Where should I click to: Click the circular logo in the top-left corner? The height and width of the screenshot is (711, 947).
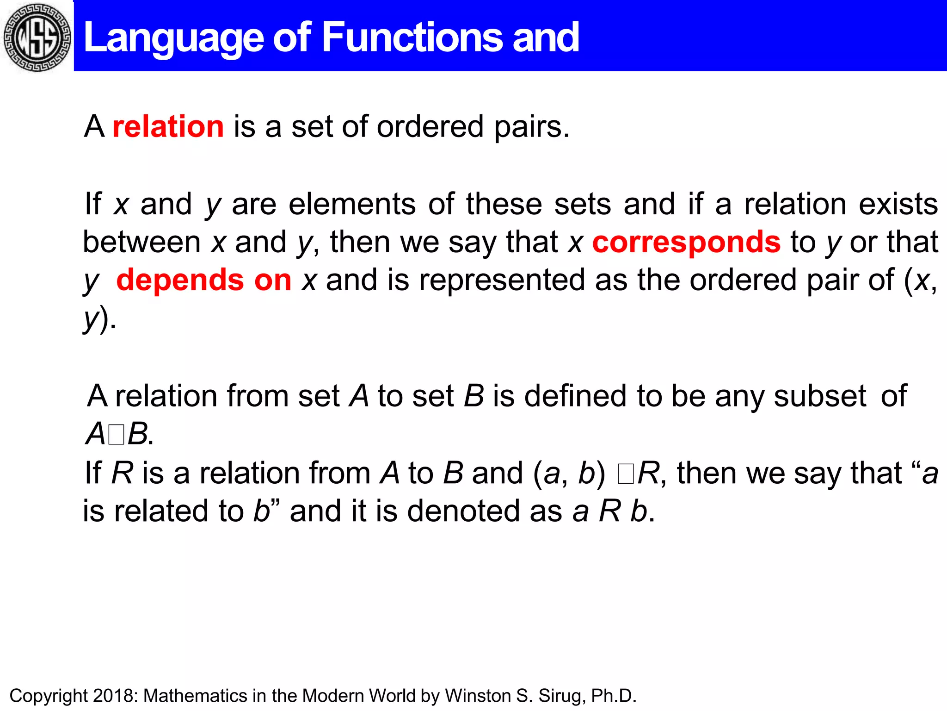coord(37,37)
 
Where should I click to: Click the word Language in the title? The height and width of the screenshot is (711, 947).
coord(174,38)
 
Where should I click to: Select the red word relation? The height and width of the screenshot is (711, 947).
coord(168,126)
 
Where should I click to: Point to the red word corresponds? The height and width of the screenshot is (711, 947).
coord(686,242)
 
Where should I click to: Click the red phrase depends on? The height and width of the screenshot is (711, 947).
coord(203,280)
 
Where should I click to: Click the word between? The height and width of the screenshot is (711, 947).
coord(141,242)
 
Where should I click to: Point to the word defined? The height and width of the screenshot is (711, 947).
coord(575,397)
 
